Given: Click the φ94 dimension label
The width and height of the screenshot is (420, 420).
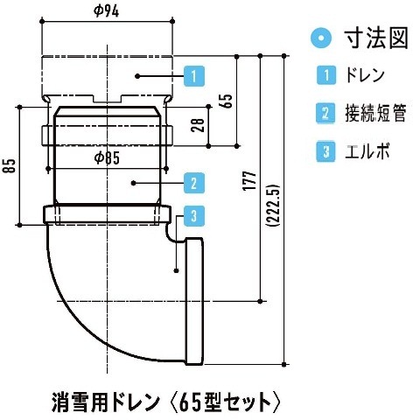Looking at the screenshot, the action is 107,11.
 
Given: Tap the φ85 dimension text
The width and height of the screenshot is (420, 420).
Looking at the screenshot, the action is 107,158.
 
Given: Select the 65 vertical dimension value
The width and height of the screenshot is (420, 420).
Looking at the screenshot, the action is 227,101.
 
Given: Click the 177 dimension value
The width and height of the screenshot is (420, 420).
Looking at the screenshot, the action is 250,181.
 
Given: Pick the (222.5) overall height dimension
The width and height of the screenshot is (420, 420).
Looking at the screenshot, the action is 273,205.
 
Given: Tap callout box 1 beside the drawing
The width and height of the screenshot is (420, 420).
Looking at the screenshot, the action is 194,76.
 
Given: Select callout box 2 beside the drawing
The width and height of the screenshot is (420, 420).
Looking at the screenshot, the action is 194,183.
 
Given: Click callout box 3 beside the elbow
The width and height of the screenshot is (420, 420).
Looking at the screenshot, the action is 194,216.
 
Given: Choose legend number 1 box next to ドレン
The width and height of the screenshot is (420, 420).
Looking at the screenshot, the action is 326,75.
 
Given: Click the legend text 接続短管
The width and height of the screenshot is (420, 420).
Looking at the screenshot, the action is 376,113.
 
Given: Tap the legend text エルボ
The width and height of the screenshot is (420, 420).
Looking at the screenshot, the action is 367,151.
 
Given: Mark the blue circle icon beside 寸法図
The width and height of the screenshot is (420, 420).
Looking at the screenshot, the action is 321,38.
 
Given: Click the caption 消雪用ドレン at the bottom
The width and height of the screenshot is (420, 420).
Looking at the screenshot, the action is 106,402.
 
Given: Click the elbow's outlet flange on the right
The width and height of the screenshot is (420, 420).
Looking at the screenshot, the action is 194,301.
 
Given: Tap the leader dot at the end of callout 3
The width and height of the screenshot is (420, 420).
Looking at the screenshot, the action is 176,271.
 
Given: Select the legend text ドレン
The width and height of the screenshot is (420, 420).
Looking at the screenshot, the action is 365,75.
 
